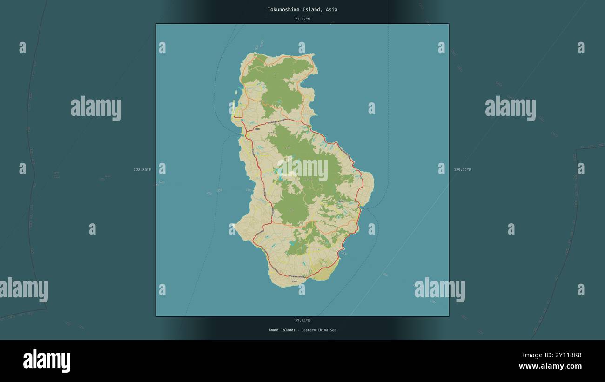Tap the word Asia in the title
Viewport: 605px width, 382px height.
pyautogui.click(x=331, y=9)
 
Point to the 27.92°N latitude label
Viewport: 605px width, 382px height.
pyautogui.click(x=302, y=19)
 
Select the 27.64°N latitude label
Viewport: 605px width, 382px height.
pyautogui.click(x=302, y=321)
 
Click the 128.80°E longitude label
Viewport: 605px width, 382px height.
pyautogui.click(x=142, y=170)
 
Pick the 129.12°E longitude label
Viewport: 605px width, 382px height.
pyautogui.click(x=462, y=170)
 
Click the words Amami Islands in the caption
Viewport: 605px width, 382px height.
pyautogui.click(x=282, y=330)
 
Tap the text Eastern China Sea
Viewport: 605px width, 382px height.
pyautogui.click(x=318, y=330)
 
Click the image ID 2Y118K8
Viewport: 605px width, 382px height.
pyautogui.click(x=565, y=355)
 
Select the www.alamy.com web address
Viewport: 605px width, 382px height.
pyautogui.click(x=550, y=366)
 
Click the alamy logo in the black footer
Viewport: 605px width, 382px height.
pyautogui.click(x=47, y=361)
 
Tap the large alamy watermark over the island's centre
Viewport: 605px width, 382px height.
pyautogui.click(x=302, y=170)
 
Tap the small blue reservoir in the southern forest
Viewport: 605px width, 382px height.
pyautogui.click(x=292, y=243)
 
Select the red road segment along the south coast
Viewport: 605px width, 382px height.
pyautogui.click(x=293, y=277)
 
